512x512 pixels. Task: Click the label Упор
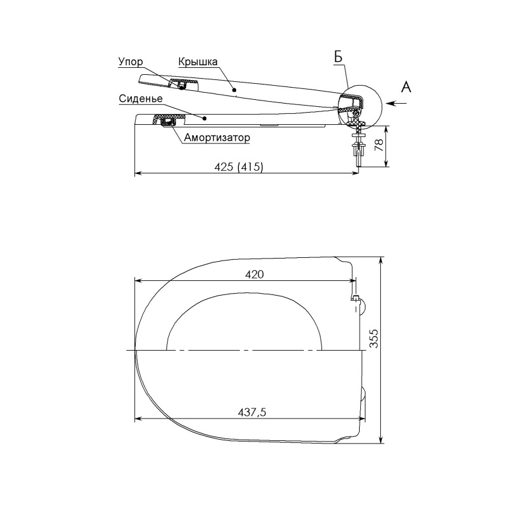pyautogui.click(x=131, y=61)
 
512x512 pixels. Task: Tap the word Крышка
pyautogui.click(x=198, y=61)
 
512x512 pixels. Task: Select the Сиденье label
pyautogui.click(x=141, y=99)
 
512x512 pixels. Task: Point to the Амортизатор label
pyautogui.click(x=217, y=138)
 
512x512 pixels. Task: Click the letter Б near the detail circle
pyautogui.click(x=339, y=57)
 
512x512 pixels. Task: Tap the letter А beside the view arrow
pyautogui.click(x=406, y=87)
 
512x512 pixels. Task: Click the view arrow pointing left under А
pyautogui.click(x=396, y=103)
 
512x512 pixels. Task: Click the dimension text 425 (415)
pyautogui.click(x=239, y=167)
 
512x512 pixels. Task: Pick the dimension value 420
pyautogui.click(x=254, y=275)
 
